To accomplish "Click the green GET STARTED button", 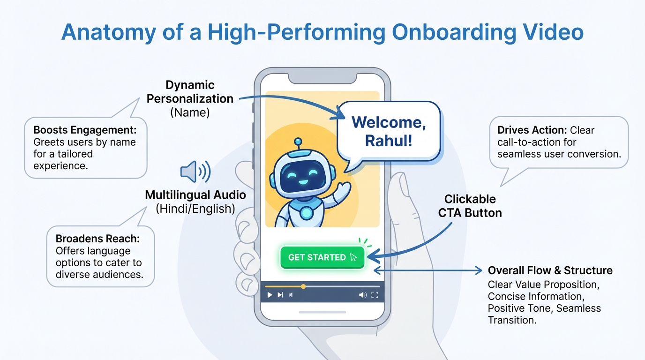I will tap(322, 257).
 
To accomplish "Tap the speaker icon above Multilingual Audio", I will tap(195, 172).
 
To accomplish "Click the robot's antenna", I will tap(297, 142).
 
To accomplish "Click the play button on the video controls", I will tap(270, 295).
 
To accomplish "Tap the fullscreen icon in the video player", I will tap(375, 295).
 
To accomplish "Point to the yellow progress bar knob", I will tap(303, 286).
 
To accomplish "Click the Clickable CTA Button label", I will tap(470, 206).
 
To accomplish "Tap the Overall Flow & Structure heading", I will tap(550, 270).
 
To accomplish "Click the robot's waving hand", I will tap(344, 190).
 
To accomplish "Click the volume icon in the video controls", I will tap(362, 295).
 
